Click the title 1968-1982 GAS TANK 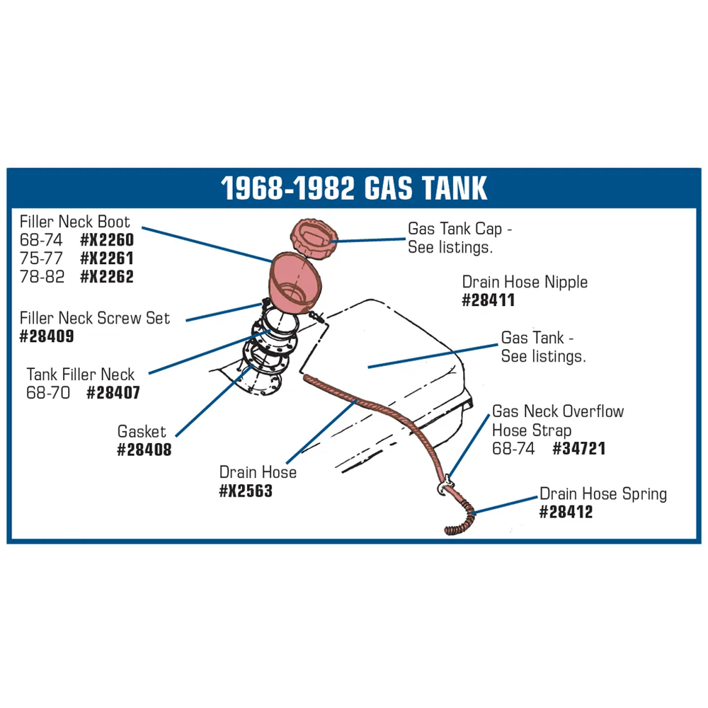point(354,188)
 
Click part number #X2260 point(107,240)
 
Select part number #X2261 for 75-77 point(107,258)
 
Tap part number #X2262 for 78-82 point(107,277)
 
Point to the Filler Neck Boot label point(75,222)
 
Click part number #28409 point(47,336)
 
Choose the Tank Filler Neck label point(81,375)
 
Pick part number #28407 point(113,393)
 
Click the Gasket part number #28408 point(144,450)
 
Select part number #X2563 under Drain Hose point(246,491)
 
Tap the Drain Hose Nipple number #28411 point(489,300)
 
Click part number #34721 point(579,448)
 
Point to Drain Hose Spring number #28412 point(566,512)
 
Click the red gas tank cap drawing point(314,236)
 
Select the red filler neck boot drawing point(295,282)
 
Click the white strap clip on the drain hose point(445,484)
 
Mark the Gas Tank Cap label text point(459,238)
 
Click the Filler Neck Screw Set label point(95,318)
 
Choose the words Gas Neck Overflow point(558,411)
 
